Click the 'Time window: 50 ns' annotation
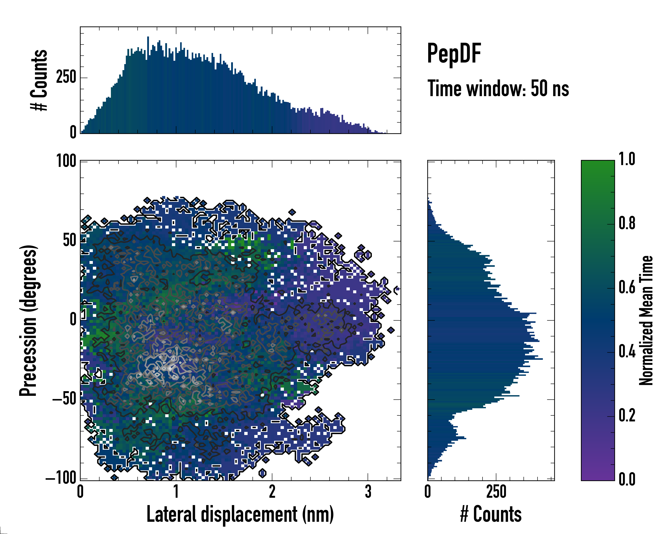click(x=498, y=89)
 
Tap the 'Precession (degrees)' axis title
click(x=29, y=320)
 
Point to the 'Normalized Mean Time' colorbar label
click(x=646, y=320)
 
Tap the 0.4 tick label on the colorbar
click(x=627, y=352)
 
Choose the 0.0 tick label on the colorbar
click(x=627, y=479)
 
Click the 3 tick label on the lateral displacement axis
click(x=368, y=492)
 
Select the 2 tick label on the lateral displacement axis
click(x=272, y=492)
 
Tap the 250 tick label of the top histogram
click(x=66, y=77)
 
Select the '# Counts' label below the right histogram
click(x=491, y=514)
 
